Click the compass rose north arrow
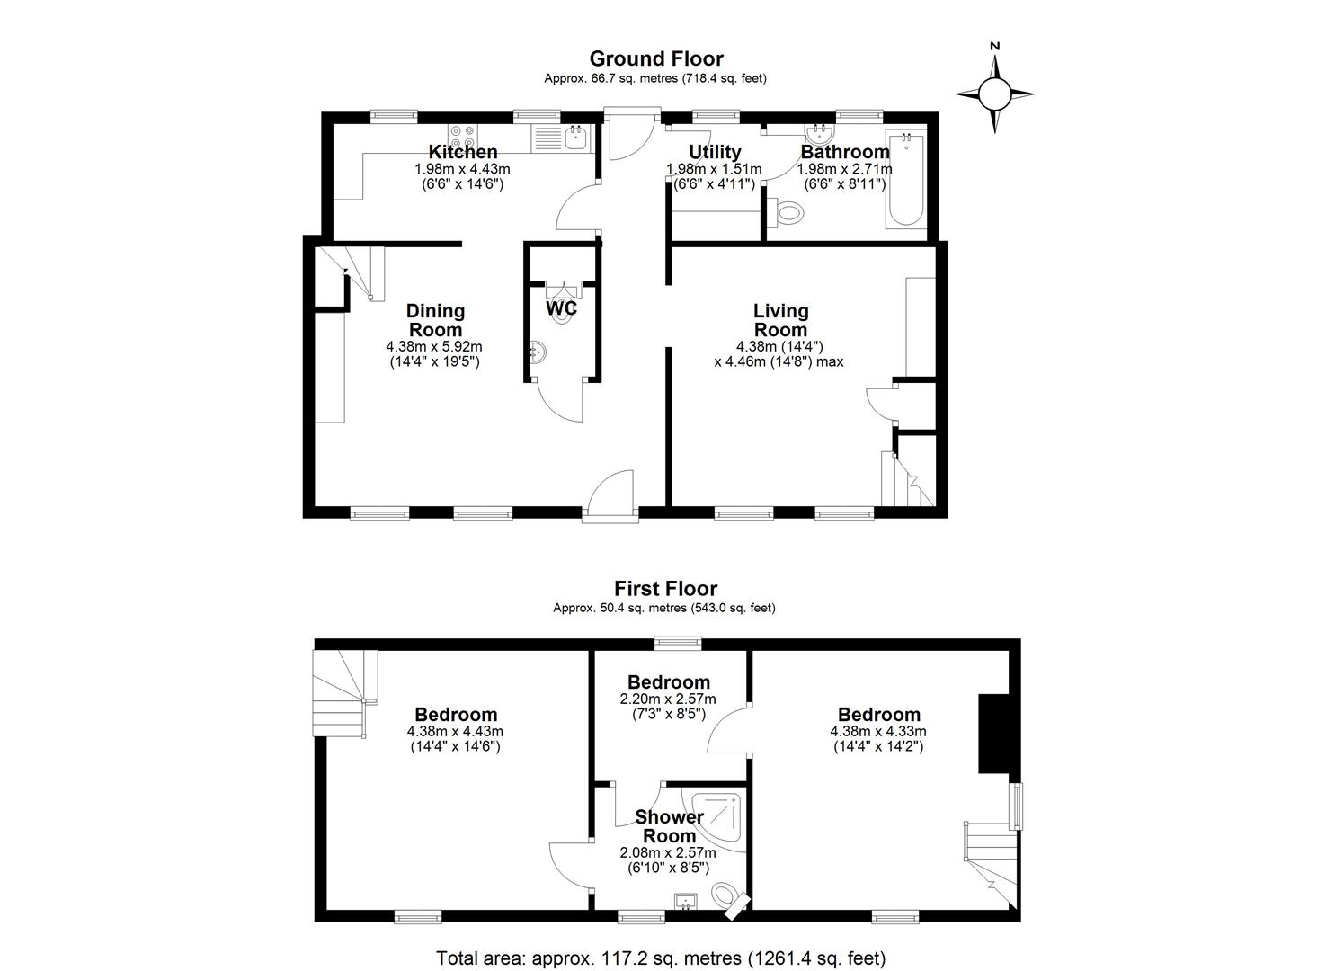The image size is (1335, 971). [994, 93]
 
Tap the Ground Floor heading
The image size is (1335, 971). [656, 58]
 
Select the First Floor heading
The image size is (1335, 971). [665, 589]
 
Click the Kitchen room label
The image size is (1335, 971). [462, 151]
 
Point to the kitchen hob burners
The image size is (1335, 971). [462, 137]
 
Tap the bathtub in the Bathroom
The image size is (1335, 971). [905, 178]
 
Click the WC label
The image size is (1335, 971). [561, 308]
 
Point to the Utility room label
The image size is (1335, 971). [715, 151]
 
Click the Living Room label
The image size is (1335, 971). [780, 320]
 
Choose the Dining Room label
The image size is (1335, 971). [435, 320]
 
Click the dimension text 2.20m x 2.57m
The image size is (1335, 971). [668, 699]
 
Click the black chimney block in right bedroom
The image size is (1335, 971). [992, 734]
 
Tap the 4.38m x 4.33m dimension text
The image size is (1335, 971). [878, 731]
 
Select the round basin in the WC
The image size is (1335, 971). [537, 352]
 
